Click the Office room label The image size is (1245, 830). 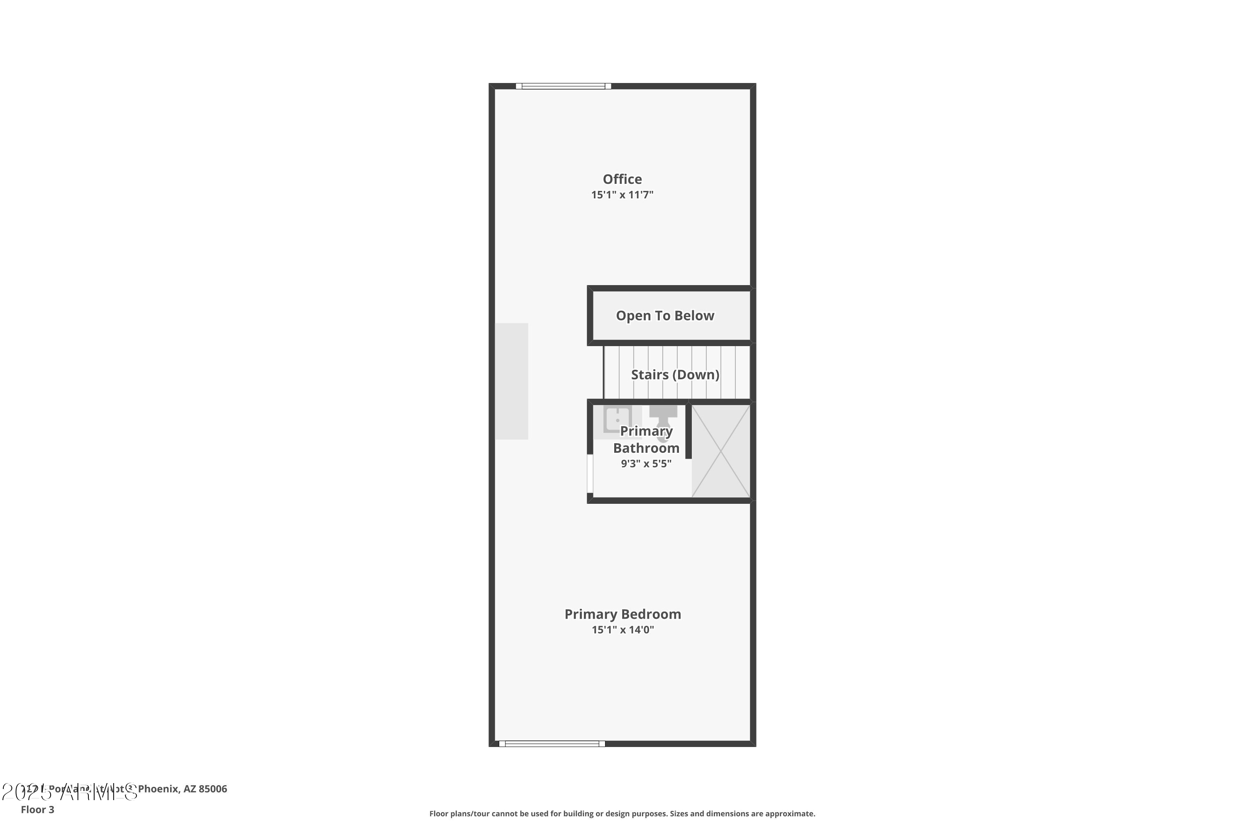point(622,179)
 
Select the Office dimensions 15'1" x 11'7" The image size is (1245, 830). point(622,195)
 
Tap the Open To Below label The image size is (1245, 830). point(665,316)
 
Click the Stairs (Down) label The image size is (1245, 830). point(675,375)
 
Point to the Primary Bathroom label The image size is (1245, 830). point(646,439)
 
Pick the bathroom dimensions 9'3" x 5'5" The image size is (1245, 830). point(646,464)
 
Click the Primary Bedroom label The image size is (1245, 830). point(622,614)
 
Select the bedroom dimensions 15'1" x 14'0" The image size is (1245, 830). point(622,630)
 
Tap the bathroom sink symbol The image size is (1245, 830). point(617,419)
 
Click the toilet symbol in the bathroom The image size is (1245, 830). point(663,421)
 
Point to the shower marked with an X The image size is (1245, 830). point(720,451)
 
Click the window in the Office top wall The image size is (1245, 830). point(563,86)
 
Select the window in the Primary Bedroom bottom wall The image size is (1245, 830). point(552,744)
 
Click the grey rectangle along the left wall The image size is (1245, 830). point(511,381)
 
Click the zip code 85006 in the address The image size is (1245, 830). point(213,789)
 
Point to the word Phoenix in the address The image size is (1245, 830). point(158,789)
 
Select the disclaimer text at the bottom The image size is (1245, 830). point(622,813)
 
